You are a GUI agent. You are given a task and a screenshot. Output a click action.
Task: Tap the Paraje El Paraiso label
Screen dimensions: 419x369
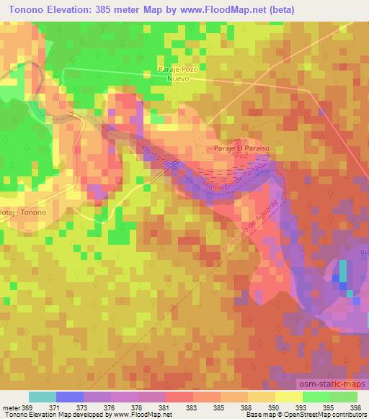coord(241,148)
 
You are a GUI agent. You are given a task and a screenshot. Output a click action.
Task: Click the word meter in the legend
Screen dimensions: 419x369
coord(11,408)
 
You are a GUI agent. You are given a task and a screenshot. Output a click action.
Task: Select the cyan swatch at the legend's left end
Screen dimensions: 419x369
coord(43,397)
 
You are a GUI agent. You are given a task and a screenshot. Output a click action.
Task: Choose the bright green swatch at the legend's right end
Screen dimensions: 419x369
coord(344,397)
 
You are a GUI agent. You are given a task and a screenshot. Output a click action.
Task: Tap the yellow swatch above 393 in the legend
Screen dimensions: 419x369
coord(289,397)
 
